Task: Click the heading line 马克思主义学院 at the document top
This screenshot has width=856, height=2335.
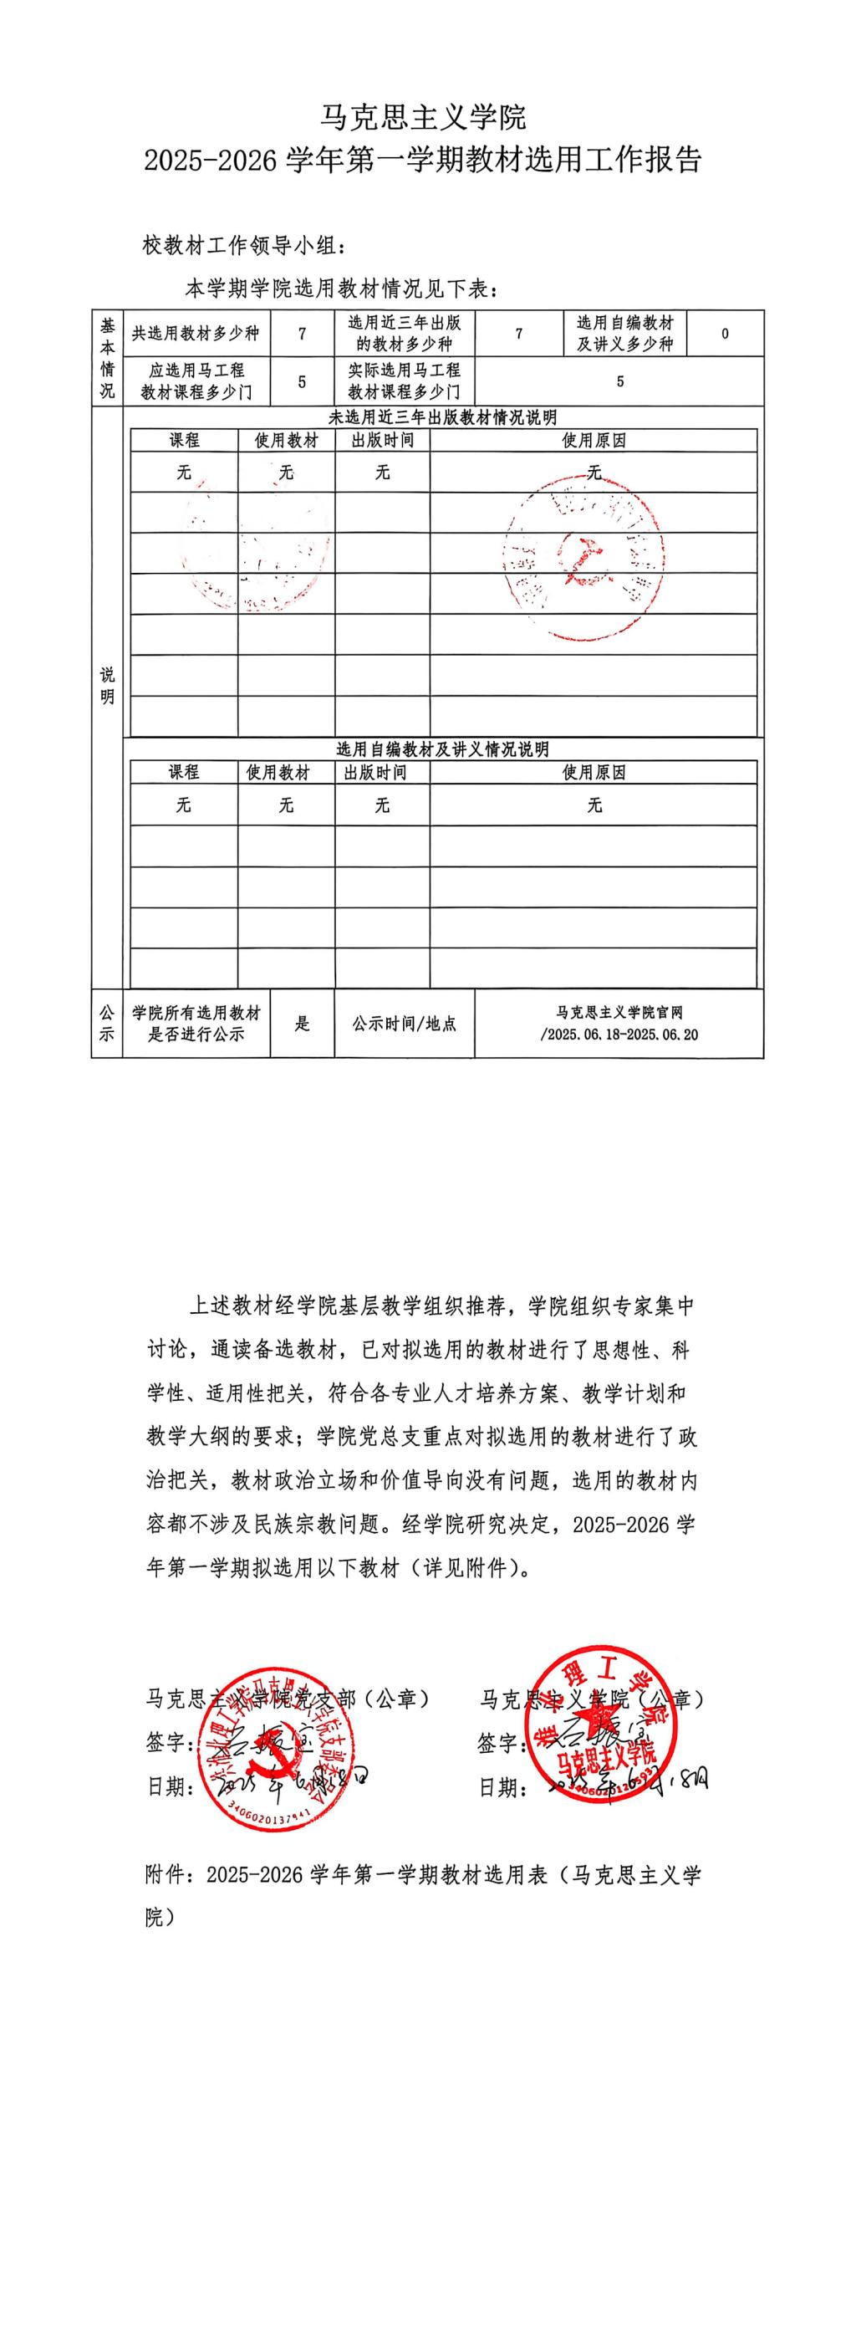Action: (x=424, y=117)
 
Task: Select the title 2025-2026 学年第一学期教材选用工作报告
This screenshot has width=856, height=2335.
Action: (x=423, y=161)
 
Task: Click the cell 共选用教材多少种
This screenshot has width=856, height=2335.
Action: (x=196, y=334)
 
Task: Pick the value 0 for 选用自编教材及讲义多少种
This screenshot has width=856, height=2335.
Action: (x=725, y=334)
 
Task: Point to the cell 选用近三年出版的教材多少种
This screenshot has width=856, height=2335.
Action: (x=404, y=334)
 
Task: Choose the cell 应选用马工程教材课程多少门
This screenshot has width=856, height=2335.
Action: (x=196, y=381)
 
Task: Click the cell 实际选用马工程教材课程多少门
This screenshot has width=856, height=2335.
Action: (x=404, y=381)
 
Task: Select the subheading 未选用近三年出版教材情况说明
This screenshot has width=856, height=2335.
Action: (x=442, y=418)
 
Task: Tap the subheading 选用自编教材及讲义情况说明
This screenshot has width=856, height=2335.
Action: (x=442, y=749)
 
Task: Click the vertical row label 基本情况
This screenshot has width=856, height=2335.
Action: (x=107, y=358)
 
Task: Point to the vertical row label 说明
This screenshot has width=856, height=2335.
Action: (x=107, y=685)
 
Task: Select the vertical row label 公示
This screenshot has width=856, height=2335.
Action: (x=107, y=1024)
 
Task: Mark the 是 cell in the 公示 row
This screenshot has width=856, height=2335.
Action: (x=302, y=1024)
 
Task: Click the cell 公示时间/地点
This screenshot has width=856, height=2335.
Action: (x=404, y=1024)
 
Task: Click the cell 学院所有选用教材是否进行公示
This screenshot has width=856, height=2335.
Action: (x=196, y=1024)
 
